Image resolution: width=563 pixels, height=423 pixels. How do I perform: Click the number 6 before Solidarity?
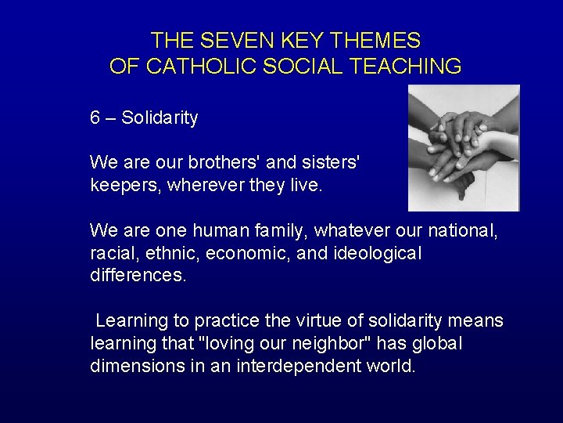coord(95,118)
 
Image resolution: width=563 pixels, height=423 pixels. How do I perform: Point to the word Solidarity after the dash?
coord(160,118)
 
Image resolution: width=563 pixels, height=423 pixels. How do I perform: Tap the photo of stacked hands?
coord(464,147)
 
